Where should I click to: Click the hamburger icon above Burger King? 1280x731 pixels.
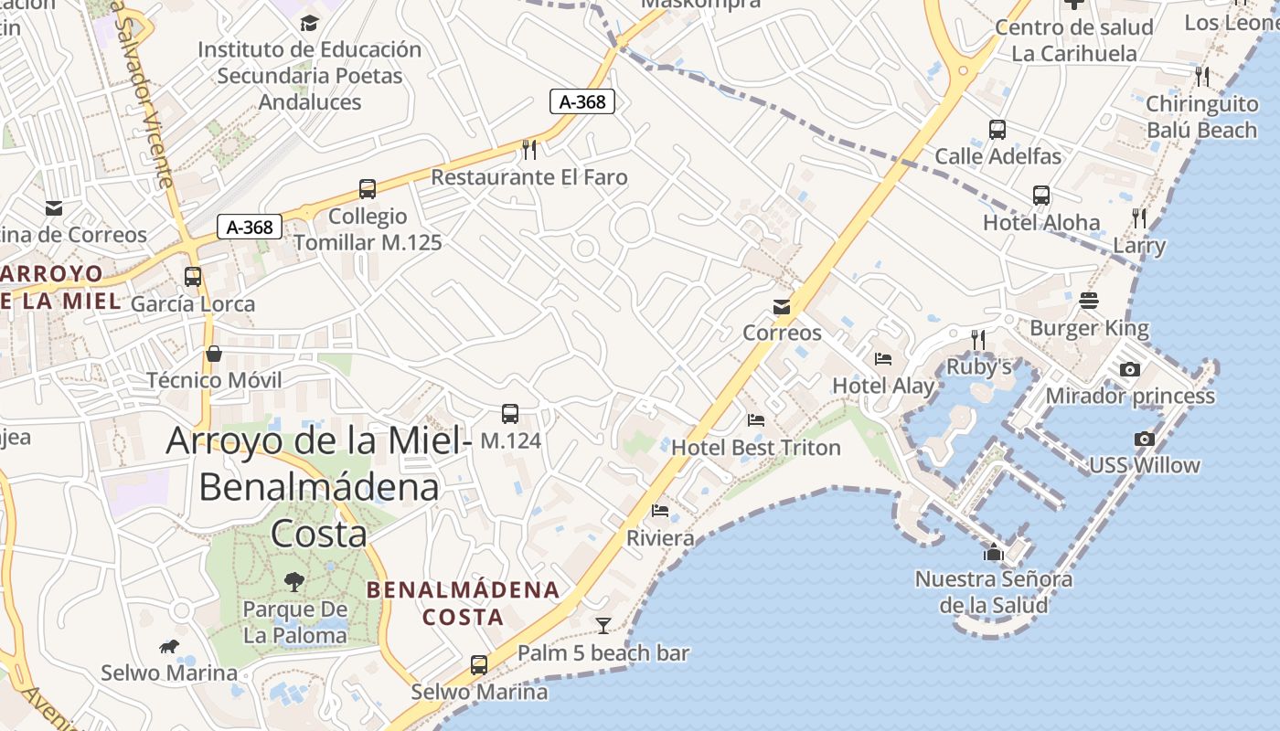(x=1088, y=301)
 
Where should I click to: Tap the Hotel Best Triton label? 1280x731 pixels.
(x=756, y=448)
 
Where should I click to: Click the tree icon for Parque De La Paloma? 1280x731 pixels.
(x=293, y=581)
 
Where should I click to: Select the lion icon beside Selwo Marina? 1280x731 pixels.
(x=169, y=647)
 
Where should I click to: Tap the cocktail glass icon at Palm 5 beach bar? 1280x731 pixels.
(x=603, y=626)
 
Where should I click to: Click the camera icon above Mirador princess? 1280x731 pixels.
(x=1130, y=369)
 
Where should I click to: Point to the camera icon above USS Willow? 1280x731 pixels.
(x=1144, y=439)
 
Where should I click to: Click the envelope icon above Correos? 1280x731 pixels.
(x=782, y=306)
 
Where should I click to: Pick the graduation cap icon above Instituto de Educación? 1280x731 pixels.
(x=310, y=23)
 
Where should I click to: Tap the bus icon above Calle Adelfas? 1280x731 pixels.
(x=997, y=130)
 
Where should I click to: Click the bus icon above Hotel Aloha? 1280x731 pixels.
(x=1041, y=196)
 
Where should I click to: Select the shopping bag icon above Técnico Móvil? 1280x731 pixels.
(x=214, y=354)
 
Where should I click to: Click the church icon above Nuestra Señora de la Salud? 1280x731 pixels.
(x=994, y=552)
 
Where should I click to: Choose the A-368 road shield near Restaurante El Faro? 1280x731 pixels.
(x=582, y=101)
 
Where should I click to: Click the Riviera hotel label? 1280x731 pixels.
(x=660, y=538)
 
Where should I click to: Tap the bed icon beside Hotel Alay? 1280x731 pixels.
(x=883, y=358)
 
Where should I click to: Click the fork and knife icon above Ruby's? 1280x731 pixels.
(x=978, y=340)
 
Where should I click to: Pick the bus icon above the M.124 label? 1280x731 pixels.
(x=510, y=414)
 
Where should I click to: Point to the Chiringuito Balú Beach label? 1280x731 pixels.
(x=1201, y=117)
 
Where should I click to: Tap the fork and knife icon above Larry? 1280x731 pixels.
(x=1139, y=217)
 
